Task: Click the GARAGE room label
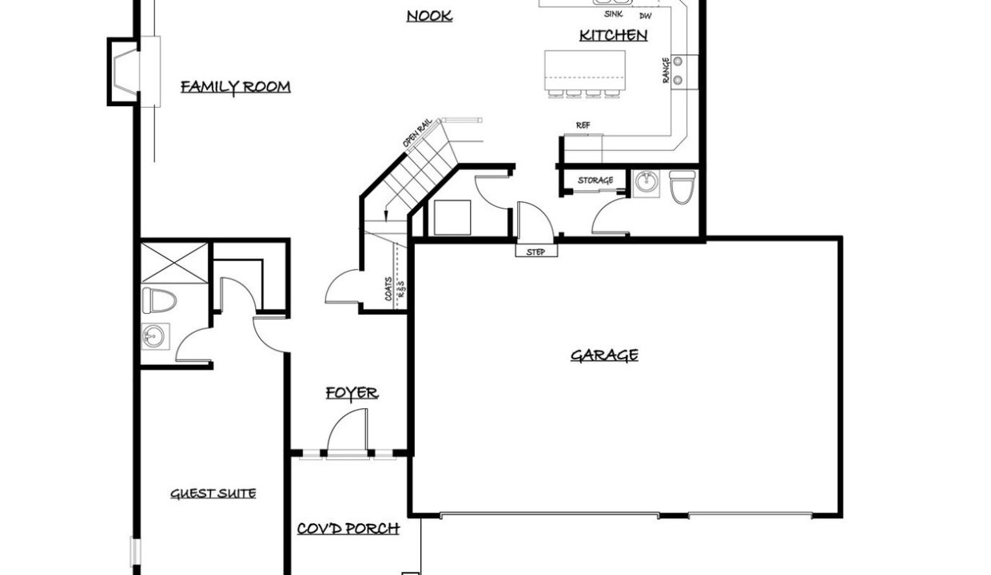click(604, 355)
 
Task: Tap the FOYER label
click(352, 393)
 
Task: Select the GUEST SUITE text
click(213, 494)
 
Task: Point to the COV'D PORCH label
click(348, 529)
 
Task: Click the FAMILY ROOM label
click(236, 86)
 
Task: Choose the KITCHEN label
click(613, 35)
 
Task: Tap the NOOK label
click(429, 16)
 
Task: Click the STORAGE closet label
click(595, 180)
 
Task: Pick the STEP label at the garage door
click(535, 252)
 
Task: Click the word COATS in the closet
click(388, 289)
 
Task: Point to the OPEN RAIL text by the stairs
click(416, 133)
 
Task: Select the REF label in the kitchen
click(583, 125)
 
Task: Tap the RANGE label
click(666, 70)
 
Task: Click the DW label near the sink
click(646, 16)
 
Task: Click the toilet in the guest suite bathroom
click(159, 300)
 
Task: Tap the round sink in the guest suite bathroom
click(153, 336)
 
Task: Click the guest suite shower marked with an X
click(174, 263)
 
